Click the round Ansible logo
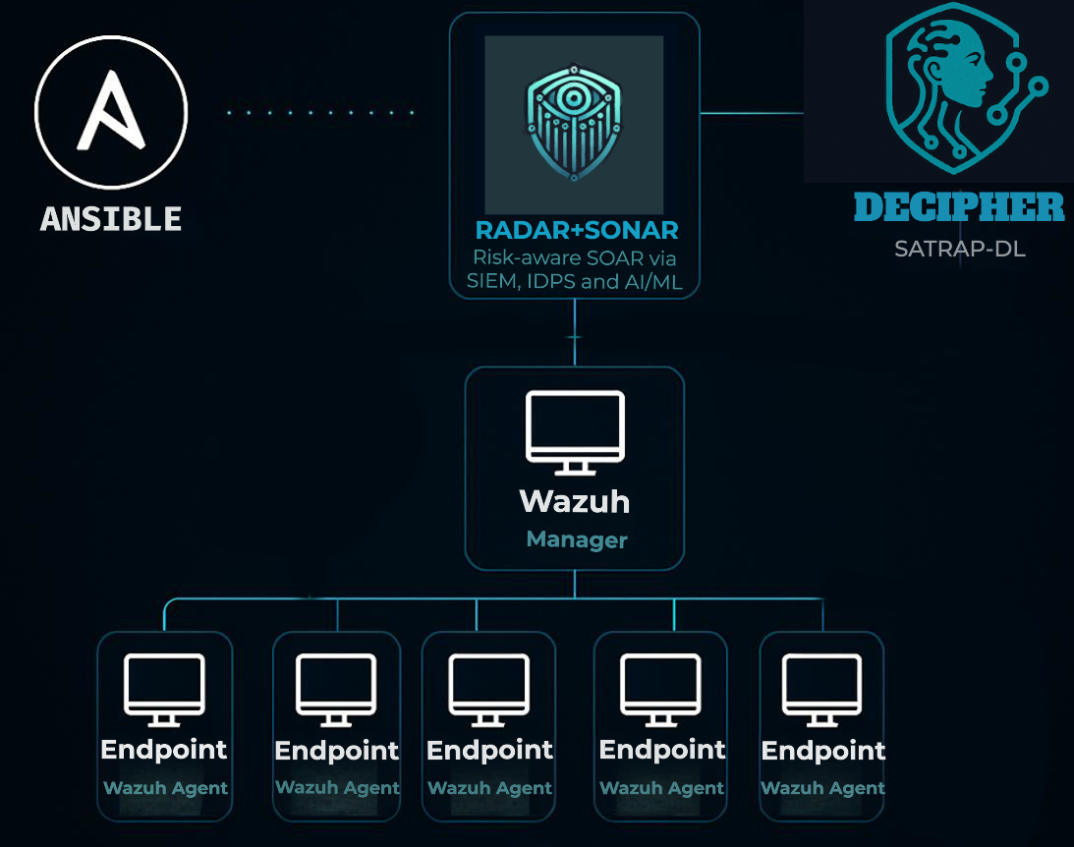(110, 111)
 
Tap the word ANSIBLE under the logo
(111, 218)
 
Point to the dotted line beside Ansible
(320, 113)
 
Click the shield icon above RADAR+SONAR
(574, 124)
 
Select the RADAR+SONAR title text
(576, 231)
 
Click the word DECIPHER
(958, 207)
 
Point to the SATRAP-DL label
(959, 249)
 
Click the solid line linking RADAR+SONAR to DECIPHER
(752, 113)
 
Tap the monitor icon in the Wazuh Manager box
(575, 431)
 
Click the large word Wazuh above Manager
(575, 501)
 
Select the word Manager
(576, 539)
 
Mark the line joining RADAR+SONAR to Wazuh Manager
(575, 334)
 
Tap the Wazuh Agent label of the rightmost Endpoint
(822, 788)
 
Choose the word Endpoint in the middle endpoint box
(489, 751)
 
